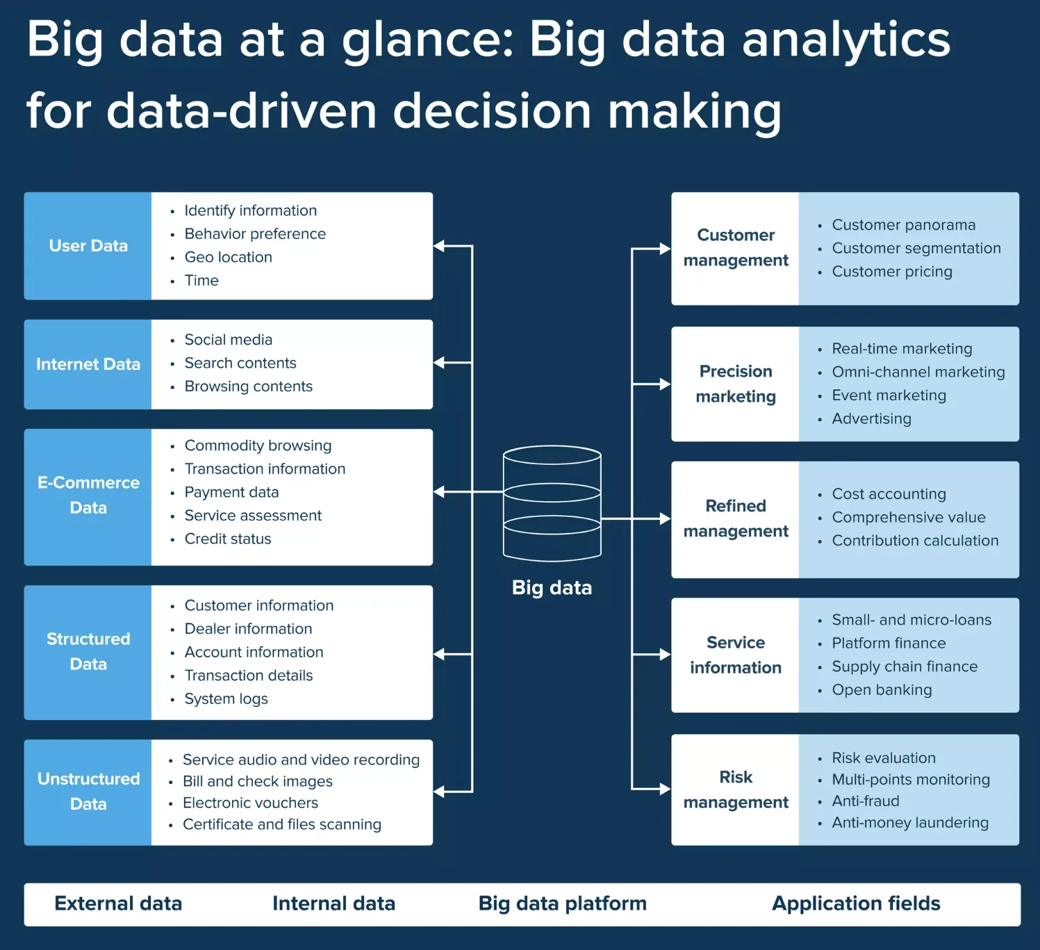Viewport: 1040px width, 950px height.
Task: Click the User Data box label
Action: click(x=88, y=246)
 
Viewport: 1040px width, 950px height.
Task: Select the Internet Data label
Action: click(x=88, y=364)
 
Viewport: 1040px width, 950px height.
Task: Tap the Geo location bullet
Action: click(x=228, y=257)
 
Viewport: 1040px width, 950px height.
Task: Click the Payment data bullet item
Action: click(x=231, y=492)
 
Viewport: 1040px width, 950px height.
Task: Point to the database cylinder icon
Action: click(x=552, y=503)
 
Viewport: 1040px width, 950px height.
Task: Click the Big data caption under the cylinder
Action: click(x=552, y=588)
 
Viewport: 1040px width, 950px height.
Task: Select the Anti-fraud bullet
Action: click(x=865, y=801)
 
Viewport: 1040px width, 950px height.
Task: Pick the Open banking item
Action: click(x=882, y=690)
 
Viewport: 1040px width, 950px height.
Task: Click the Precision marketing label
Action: click(x=736, y=384)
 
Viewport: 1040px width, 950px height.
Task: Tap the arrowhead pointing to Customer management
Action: click(x=665, y=249)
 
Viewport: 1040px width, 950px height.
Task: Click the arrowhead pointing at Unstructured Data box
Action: click(x=439, y=792)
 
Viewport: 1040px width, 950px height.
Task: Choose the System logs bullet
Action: click(x=226, y=699)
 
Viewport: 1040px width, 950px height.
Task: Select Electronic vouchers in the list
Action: click(x=250, y=803)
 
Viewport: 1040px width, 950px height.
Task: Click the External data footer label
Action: click(x=118, y=903)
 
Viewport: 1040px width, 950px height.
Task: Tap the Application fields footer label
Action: click(x=856, y=903)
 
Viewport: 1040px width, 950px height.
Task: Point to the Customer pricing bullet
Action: click(x=891, y=272)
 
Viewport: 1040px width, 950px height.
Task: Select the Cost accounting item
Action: click(x=889, y=494)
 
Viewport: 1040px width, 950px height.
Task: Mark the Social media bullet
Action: click(x=228, y=340)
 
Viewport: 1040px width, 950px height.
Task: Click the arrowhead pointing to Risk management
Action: click(x=665, y=789)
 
